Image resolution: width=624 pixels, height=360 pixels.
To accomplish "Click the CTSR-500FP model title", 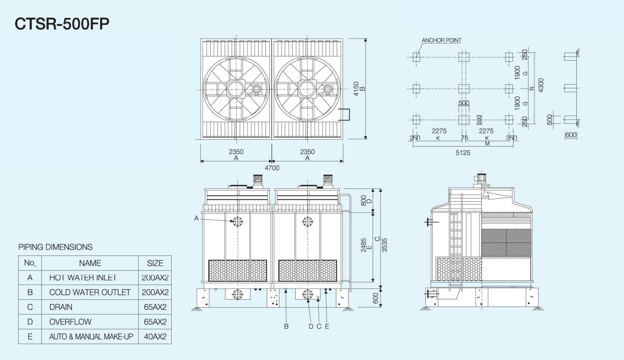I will pos(62,24).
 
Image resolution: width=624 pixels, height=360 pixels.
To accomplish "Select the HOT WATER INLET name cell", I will pos(83,278).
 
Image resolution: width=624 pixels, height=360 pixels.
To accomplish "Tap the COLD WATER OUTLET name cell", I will pos(90,292).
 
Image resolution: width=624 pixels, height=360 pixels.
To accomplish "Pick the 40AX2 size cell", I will pos(155,337).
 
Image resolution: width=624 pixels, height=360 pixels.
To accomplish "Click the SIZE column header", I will pos(155,263).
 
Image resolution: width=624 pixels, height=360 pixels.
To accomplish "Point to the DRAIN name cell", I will pos(61,307).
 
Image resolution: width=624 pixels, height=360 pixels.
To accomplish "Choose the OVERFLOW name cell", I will pos(70,322).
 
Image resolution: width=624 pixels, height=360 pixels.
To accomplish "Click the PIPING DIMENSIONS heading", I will pos(55,247).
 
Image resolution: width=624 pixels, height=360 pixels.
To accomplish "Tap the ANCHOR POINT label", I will pos(441,40).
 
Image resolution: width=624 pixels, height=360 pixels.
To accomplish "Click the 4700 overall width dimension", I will pos(272,168).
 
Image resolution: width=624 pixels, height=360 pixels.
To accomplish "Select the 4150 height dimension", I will pos(356,89).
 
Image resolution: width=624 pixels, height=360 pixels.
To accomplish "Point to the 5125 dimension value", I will pos(463,153).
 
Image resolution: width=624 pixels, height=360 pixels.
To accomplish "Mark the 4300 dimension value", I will pos(541,85).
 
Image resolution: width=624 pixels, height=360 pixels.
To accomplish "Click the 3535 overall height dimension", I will pos(384,245).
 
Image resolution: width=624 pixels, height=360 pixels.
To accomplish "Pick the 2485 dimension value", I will pos(364,245).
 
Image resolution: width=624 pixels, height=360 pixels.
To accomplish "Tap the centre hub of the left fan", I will pos(236,89).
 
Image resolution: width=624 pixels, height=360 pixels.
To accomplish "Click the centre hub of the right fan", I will pos(307,89).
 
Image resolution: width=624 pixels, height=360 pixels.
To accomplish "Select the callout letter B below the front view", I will pos(286,327).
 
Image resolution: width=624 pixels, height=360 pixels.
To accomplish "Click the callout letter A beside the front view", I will pos(196,218).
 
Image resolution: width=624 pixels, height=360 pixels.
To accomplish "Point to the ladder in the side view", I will pos(456,243).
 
